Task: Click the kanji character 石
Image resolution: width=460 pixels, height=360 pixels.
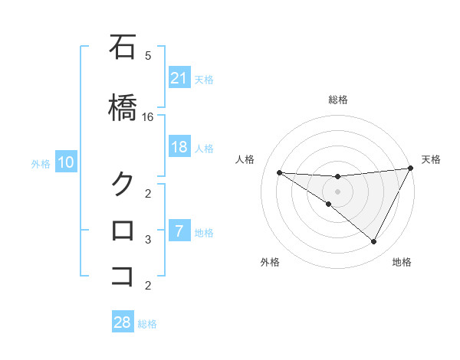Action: click(x=123, y=47)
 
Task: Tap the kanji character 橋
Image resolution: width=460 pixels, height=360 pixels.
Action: click(x=123, y=108)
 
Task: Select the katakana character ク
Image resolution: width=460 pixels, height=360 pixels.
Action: click(x=123, y=184)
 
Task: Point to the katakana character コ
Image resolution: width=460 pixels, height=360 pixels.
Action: click(x=123, y=276)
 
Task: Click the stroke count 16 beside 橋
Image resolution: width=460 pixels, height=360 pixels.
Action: click(x=148, y=117)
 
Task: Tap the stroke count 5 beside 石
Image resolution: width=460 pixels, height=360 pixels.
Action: click(x=148, y=56)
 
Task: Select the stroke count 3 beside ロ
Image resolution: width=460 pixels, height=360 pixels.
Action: click(x=148, y=240)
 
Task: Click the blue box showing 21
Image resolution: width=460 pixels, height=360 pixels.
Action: click(x=179, y=78)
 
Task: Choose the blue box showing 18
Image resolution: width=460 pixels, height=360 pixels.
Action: click(x=179, y=148)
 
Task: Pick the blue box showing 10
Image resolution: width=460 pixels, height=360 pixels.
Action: click(x=66, y=162)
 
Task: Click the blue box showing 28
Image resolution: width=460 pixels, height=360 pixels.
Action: click(x=123, y=322)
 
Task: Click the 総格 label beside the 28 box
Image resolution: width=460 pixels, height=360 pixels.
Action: click(x=147, y=324)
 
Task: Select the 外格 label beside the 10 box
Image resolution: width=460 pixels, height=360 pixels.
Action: click(x=41, y=163)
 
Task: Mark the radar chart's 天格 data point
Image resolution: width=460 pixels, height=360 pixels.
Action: click(x=411, y=169)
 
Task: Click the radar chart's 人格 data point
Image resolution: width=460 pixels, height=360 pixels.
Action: click(x=279, y=172)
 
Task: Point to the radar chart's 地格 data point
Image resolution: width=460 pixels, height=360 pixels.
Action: click(x=374, y=242)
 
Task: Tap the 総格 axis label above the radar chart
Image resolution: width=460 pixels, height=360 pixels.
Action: click(x=337, y=100)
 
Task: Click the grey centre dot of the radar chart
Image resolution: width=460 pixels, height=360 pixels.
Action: click(x=337, y=191)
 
